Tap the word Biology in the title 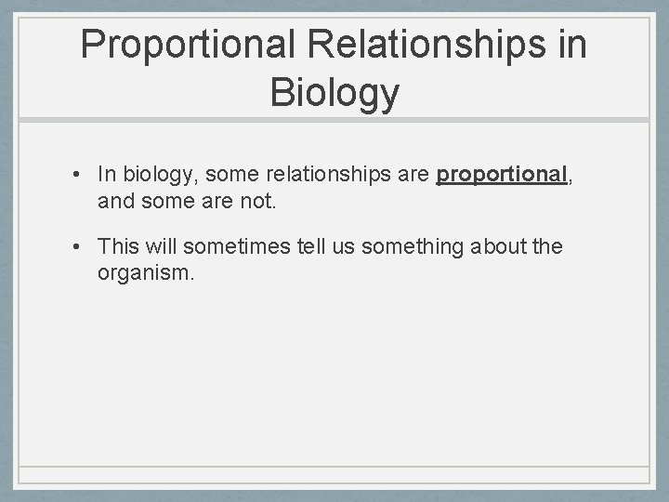[x=334, y=93]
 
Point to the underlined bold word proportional [x=502, y=175]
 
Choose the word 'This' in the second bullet [x=118, y=246]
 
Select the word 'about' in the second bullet [x=495, y=246]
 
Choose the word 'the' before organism [x=547, y=246]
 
